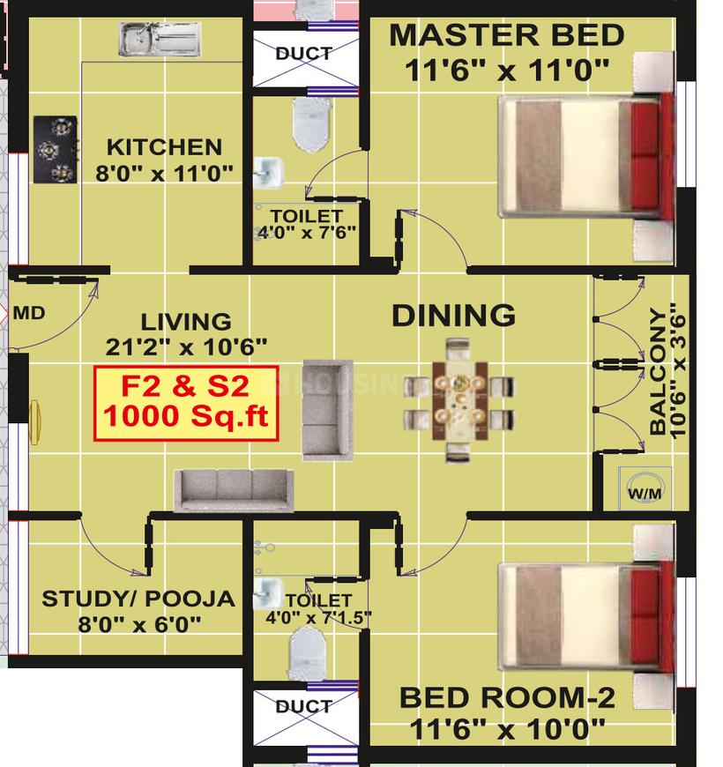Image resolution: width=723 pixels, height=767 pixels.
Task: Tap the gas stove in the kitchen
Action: pos(54,150)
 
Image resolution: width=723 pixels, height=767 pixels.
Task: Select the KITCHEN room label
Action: pos(164,146)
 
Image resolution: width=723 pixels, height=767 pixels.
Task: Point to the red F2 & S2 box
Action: pos(186,402)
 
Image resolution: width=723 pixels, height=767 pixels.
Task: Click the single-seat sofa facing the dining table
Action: pos(326,409)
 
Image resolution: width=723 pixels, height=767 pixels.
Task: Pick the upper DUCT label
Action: pos(303,54)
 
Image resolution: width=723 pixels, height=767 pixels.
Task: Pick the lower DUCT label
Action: pos(303,706)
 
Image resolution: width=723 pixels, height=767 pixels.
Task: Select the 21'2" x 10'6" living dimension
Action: pos(186,346)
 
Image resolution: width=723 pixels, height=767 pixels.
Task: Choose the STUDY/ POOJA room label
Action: pos(138,599)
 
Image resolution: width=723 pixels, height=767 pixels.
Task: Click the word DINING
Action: pos(453,315)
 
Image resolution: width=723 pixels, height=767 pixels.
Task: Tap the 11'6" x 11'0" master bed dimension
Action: pos(507,71)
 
